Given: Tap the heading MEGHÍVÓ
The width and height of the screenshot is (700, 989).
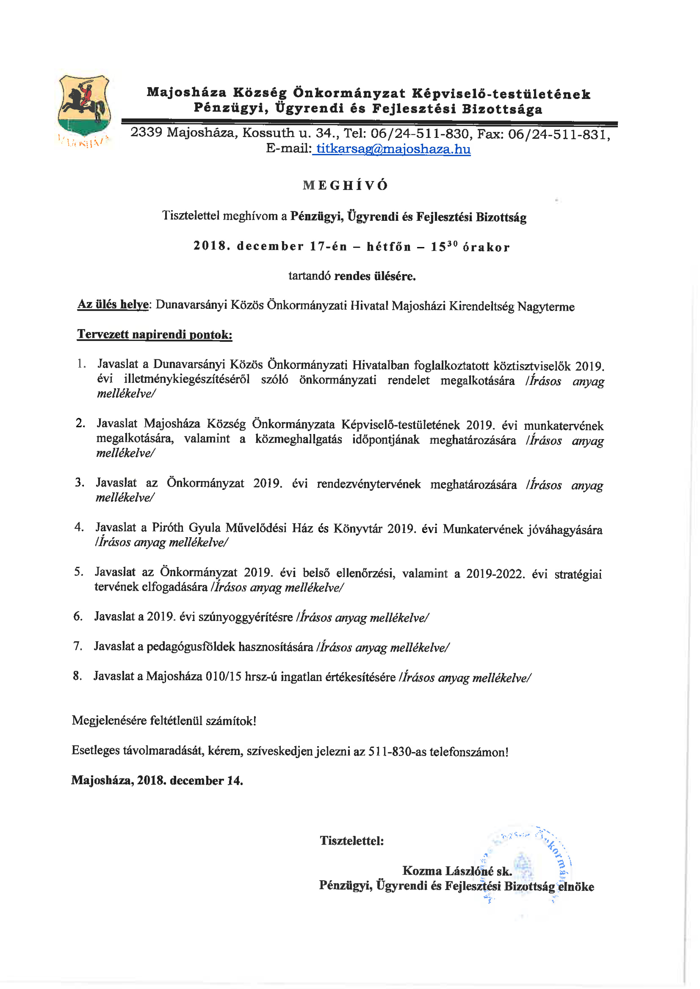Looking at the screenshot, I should pyautogui.click(x=345, y=186).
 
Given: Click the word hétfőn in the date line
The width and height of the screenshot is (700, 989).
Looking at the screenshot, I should pyautogui.click(x=388, y=246).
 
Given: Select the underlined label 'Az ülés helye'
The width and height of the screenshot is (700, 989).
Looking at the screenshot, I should pyautogui.click(x=113, y=305).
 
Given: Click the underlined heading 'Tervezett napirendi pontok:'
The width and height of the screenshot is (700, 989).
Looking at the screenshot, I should pyautogui.click(x=154, y=335).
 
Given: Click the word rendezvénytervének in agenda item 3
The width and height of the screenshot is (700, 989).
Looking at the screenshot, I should pyautogui.click(x=369, y=484).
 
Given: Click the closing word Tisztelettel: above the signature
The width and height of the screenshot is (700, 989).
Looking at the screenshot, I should pyautogui.click(x=352, y=840).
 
